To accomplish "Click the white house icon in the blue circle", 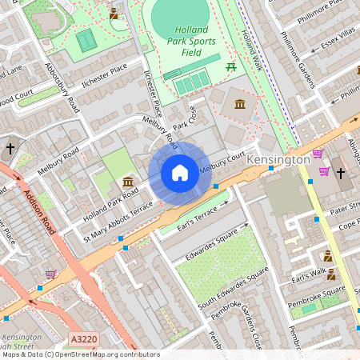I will point(180,173).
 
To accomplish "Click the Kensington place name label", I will point(278,160).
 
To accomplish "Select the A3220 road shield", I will point(82,338).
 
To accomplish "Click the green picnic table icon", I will point(231,66).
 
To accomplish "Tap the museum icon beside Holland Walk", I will point(239,103).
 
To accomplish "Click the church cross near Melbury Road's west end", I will point(10,149).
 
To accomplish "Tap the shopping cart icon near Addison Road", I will point(51,274).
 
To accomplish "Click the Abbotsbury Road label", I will point(63,88).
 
